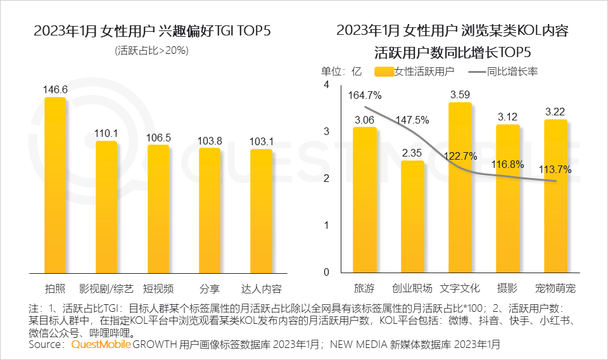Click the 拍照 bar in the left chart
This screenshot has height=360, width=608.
pyautogui.click(x=54, y=185)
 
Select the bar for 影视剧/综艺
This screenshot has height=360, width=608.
pyautogui.click(x=106, y=207)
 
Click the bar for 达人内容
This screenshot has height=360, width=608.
pyautogui.click(x=261, y=211)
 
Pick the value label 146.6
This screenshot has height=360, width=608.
pyautogui.click(x=55, y=90)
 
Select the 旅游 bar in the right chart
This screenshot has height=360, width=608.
pyautogui.click(x=364, y=200)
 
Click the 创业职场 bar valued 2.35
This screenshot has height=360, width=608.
pyautogui.click(x=412, y=216)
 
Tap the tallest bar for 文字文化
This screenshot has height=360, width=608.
pyautogui.click(x=460, y=187)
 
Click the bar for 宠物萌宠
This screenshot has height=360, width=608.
pyautogui.click(x=555, y=196)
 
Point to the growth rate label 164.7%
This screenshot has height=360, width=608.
pyautogui.click(x=364, y=96)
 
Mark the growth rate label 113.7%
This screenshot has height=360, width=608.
pyautogui.click(x=555, y=169)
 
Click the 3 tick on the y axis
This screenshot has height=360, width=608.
pyautogui.click(x=327, y=132)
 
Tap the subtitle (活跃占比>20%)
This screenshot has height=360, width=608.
pyautogui.click(x=152, y=51)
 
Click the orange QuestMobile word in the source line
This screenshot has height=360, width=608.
pyautogui.click(x=101, y=345)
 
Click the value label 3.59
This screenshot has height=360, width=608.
pyautogui.click(x=460, y=95)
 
